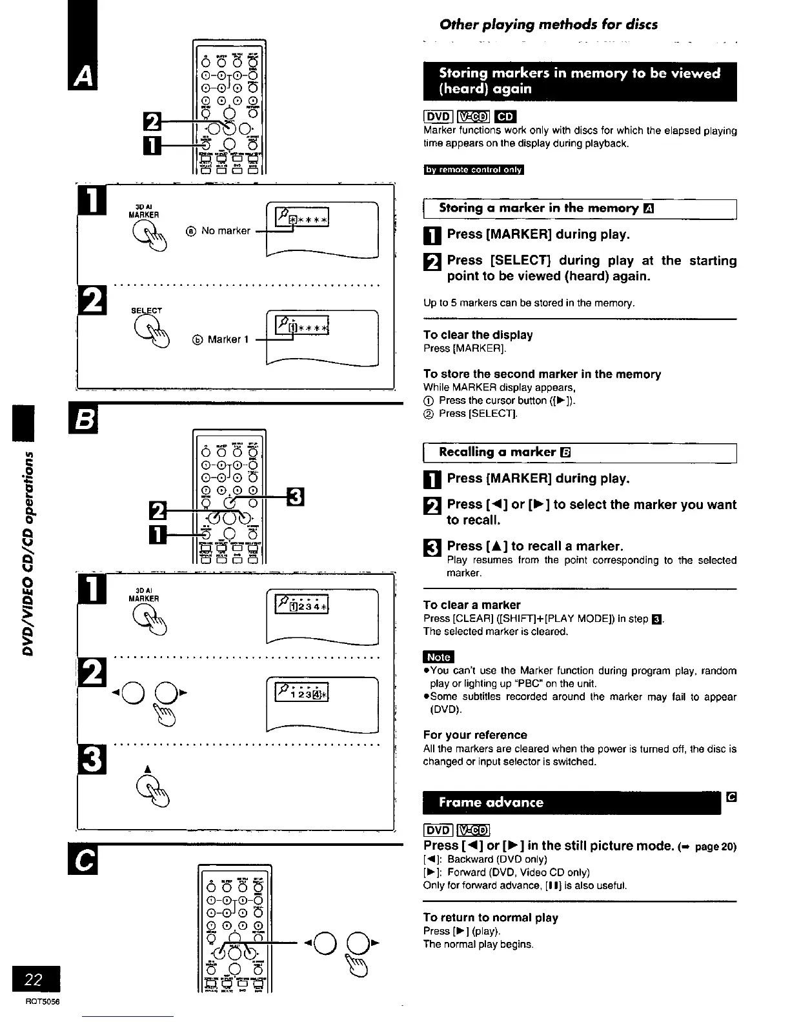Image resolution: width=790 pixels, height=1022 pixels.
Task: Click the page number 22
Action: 33,981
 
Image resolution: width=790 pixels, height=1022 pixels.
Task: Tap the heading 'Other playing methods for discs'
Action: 549,25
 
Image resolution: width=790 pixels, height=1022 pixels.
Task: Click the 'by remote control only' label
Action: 474,170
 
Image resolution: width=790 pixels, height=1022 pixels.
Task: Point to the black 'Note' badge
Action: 438,657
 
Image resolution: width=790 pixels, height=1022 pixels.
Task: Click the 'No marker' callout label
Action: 225,230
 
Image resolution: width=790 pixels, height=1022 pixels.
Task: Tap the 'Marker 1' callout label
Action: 228,339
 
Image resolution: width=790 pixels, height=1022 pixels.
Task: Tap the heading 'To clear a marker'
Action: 472,605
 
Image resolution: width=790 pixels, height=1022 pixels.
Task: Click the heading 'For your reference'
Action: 475,735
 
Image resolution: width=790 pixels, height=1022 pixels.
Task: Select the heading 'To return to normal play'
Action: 491,917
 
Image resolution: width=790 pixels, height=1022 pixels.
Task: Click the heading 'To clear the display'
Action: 478,335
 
